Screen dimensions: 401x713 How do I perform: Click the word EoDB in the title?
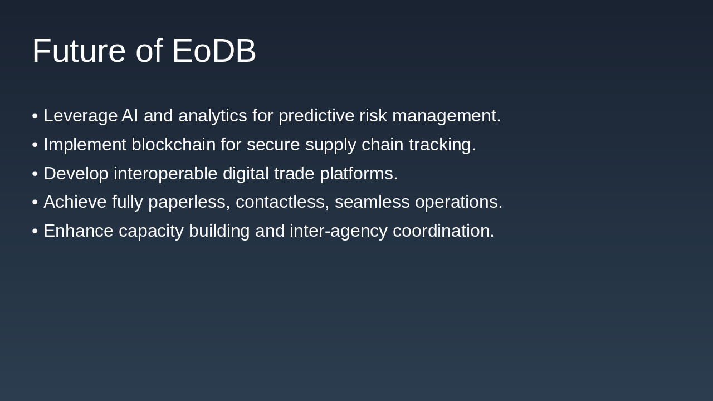214,51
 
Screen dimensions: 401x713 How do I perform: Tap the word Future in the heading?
79,51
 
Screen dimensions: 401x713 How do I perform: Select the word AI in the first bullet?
130,116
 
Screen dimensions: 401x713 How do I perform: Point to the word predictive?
316,116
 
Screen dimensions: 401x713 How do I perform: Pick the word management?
446,116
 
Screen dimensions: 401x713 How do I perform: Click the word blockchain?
173,145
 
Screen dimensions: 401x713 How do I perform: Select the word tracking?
442,145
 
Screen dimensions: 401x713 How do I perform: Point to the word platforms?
359,174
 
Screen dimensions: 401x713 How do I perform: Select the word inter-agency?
338,231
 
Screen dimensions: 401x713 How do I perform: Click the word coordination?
443,231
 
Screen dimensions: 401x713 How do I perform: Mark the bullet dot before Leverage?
35,116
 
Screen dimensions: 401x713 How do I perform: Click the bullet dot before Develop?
35,174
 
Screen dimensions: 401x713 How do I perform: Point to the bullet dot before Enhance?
35,231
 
